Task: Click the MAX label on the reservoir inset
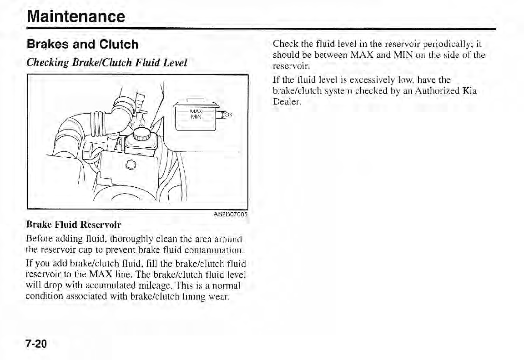[196, 111]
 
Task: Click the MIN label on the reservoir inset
[196, 117]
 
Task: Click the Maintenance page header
[75, 17]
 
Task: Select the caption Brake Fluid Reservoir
[74, 225]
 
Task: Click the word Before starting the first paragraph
[38, 239]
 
